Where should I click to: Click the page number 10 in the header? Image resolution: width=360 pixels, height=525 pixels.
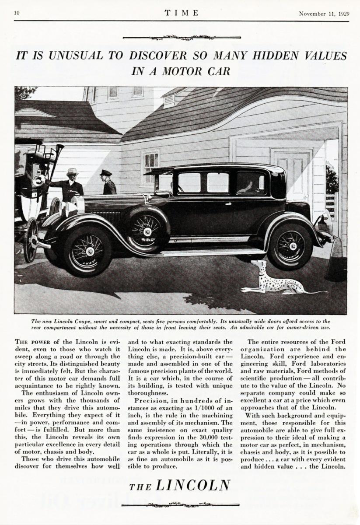[17, 13]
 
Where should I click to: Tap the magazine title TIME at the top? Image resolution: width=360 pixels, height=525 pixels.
[182, 13]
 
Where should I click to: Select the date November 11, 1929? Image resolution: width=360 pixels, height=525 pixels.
[324, 13]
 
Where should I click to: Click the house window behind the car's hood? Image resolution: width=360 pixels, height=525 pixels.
[150, 167]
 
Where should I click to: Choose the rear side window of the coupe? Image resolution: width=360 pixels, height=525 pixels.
[251, 182]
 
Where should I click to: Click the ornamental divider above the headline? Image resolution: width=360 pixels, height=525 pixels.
[182, 38]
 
